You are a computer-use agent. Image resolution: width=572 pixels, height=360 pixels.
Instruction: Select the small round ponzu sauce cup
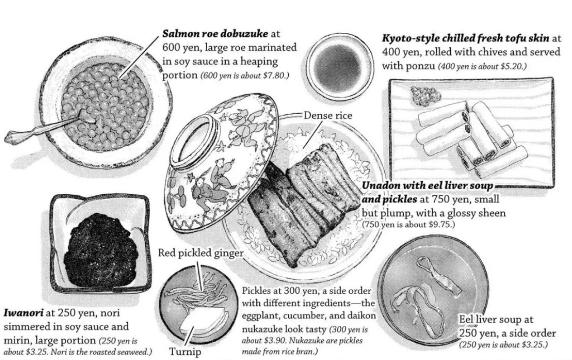340,69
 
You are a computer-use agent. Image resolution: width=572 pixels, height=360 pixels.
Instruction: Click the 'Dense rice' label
328,116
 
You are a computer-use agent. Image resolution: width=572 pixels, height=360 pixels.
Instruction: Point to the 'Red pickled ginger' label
201,252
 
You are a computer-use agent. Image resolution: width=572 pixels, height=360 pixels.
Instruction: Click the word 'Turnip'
185,352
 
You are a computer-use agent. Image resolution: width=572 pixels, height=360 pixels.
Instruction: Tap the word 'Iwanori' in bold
23,313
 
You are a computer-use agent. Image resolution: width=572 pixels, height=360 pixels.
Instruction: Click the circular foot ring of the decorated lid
198,143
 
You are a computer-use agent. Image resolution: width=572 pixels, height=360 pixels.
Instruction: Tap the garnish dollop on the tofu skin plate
426,95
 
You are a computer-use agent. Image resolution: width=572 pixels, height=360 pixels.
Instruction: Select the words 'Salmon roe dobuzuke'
215,34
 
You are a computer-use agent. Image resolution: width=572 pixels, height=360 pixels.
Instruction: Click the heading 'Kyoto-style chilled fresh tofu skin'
466,38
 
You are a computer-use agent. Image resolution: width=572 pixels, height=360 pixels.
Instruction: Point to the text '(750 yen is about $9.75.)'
408,224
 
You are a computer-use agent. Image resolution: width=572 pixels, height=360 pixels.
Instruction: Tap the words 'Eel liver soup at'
496,320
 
